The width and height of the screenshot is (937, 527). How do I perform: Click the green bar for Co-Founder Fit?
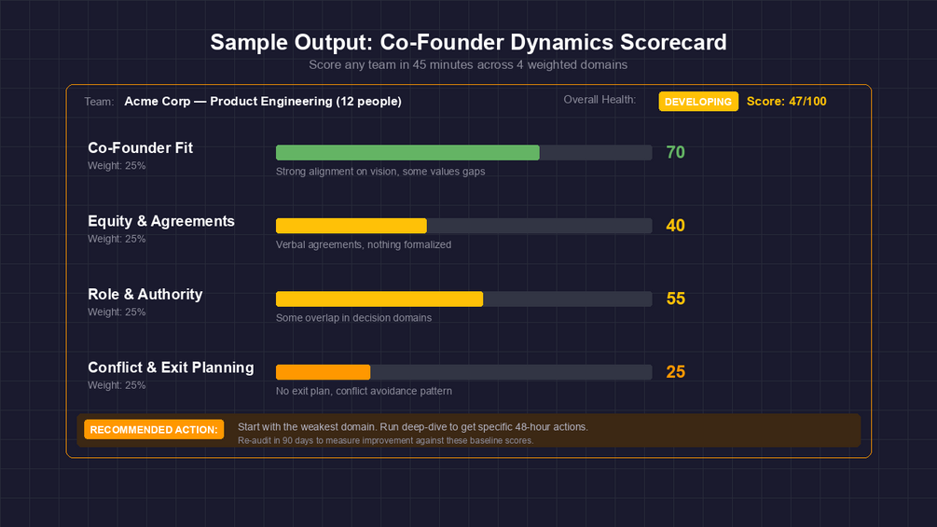(x=407, y=153)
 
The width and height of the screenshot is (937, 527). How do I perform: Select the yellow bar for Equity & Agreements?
(x=351, y=226)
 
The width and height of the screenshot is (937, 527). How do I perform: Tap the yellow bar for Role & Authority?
(x=379, y=299)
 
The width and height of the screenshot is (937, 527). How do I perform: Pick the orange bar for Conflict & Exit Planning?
(x=324, y=372)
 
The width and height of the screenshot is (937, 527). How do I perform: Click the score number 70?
(x=676, y=152)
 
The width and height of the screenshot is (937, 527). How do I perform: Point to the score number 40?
(x=676, y=226)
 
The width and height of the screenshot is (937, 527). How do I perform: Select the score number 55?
(x=676, y=298)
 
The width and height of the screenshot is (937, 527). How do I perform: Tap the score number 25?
(x=676, y=372)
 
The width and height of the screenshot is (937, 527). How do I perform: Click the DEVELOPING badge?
(x=698, y=102)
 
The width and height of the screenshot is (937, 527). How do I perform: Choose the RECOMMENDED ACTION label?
(x=154, y=429)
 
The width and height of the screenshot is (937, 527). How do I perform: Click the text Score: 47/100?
(x=786, y=102)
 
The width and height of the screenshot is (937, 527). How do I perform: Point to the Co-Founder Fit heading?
(x=141, y=147)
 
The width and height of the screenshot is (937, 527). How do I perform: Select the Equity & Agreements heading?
(x=161, y=221)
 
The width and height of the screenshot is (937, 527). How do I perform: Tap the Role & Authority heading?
(x=145, y=294)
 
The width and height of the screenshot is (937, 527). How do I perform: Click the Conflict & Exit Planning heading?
(x=171, y=368)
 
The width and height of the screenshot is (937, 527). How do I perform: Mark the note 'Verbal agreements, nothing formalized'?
(x=364, y=244)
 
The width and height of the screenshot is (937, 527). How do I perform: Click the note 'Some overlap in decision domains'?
(x=353, y=318)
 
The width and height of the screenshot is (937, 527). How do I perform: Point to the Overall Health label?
(x=599, y=100)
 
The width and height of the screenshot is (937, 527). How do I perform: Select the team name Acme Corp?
(x=157, y=102)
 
